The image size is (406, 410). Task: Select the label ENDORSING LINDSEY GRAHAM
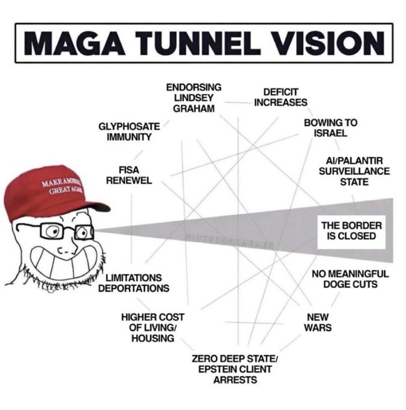[x=194, y=98]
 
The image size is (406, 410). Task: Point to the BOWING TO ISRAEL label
[x=330, y=128]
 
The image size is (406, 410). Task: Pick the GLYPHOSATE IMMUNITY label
[x=129, y=132]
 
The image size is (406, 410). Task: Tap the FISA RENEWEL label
[x=129, y=175]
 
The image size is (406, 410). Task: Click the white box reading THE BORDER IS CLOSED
[x=352, y=231]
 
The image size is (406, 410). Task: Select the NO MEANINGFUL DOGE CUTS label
[x=350, y=279]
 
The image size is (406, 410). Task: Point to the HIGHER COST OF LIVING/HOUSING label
[x=153, y=328]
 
